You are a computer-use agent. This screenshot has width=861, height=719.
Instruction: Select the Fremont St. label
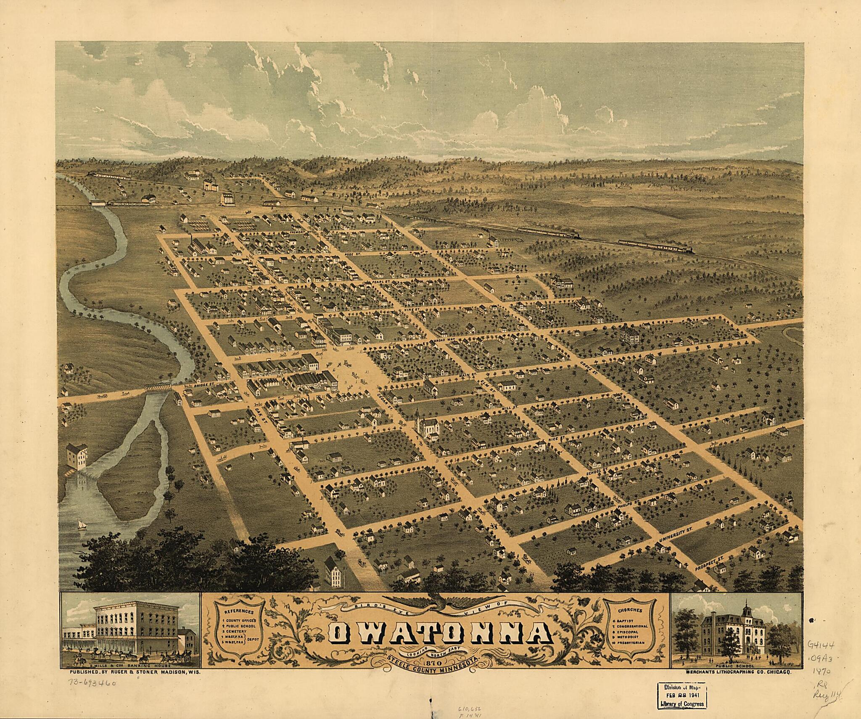[293, 233]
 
